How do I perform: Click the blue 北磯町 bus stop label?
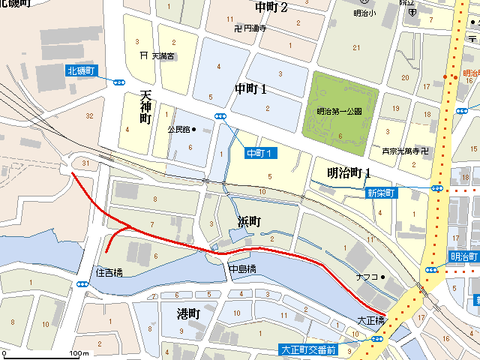click(x=81, y=70)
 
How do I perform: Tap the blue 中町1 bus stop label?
click(x=262, y=153)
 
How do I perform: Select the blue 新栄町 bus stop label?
click(x=381, y=193)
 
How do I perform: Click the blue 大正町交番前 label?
click(x=307, y=349)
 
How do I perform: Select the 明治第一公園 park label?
click(x=340, y=111)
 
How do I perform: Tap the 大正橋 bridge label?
click(x=370, y=320)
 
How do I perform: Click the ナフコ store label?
click(x=367, y=277)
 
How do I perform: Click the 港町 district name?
click(x=187, y=313)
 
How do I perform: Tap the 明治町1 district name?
click(x=349, y=172)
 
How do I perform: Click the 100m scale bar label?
click(x=79, y=353)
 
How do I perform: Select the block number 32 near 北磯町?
click(x=89, y=115)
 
